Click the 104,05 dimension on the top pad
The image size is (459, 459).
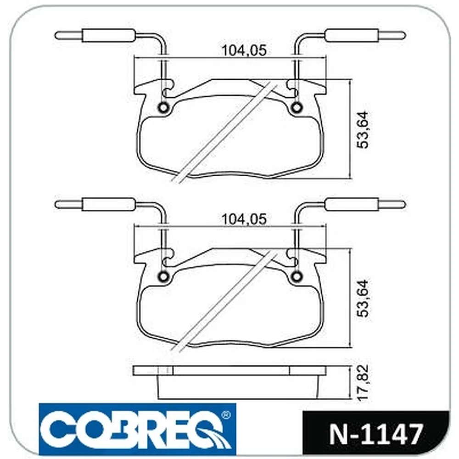pyautogui.click(x=245, y=50)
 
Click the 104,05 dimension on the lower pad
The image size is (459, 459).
pyautogui.click(x=245, y=219)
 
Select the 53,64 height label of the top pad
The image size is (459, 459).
pyautogui.click(x=363, y=130)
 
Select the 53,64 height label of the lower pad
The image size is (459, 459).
pyautogui.click(x=363, y=299)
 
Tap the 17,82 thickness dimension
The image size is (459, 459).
pyautogui.click(x=363, y=382)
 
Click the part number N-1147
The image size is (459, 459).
pyautogui.click(x=376, y=434)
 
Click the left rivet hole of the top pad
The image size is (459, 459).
pyautogui.click(x=163, y=107)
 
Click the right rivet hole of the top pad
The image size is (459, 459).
pyautogui.click(x=297, y=107)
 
